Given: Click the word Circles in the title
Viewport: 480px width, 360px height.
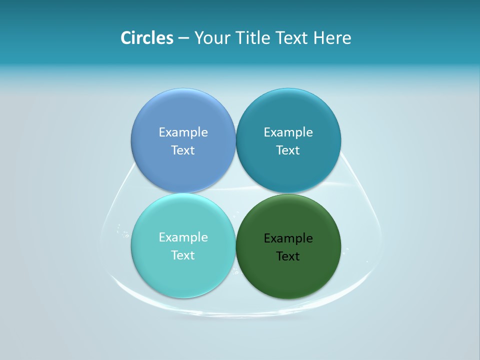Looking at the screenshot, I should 147,38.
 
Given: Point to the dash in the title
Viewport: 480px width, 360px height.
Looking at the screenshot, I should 183,38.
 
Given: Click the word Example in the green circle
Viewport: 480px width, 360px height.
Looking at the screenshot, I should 288,238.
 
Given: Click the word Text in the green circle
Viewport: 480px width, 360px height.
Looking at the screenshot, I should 288,256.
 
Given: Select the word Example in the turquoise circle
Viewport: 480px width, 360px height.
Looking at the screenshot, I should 183,237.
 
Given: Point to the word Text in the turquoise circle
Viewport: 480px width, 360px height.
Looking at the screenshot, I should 183,255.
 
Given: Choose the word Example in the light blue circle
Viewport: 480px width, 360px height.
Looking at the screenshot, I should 183,132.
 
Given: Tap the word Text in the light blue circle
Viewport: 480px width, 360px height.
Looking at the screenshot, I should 183,150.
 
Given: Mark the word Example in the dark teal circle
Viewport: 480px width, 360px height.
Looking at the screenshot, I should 288,132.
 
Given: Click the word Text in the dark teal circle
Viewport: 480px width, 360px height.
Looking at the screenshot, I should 288,150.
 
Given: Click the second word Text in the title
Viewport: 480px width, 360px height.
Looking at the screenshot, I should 292,38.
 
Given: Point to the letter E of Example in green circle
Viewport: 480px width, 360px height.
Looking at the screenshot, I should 267,238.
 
